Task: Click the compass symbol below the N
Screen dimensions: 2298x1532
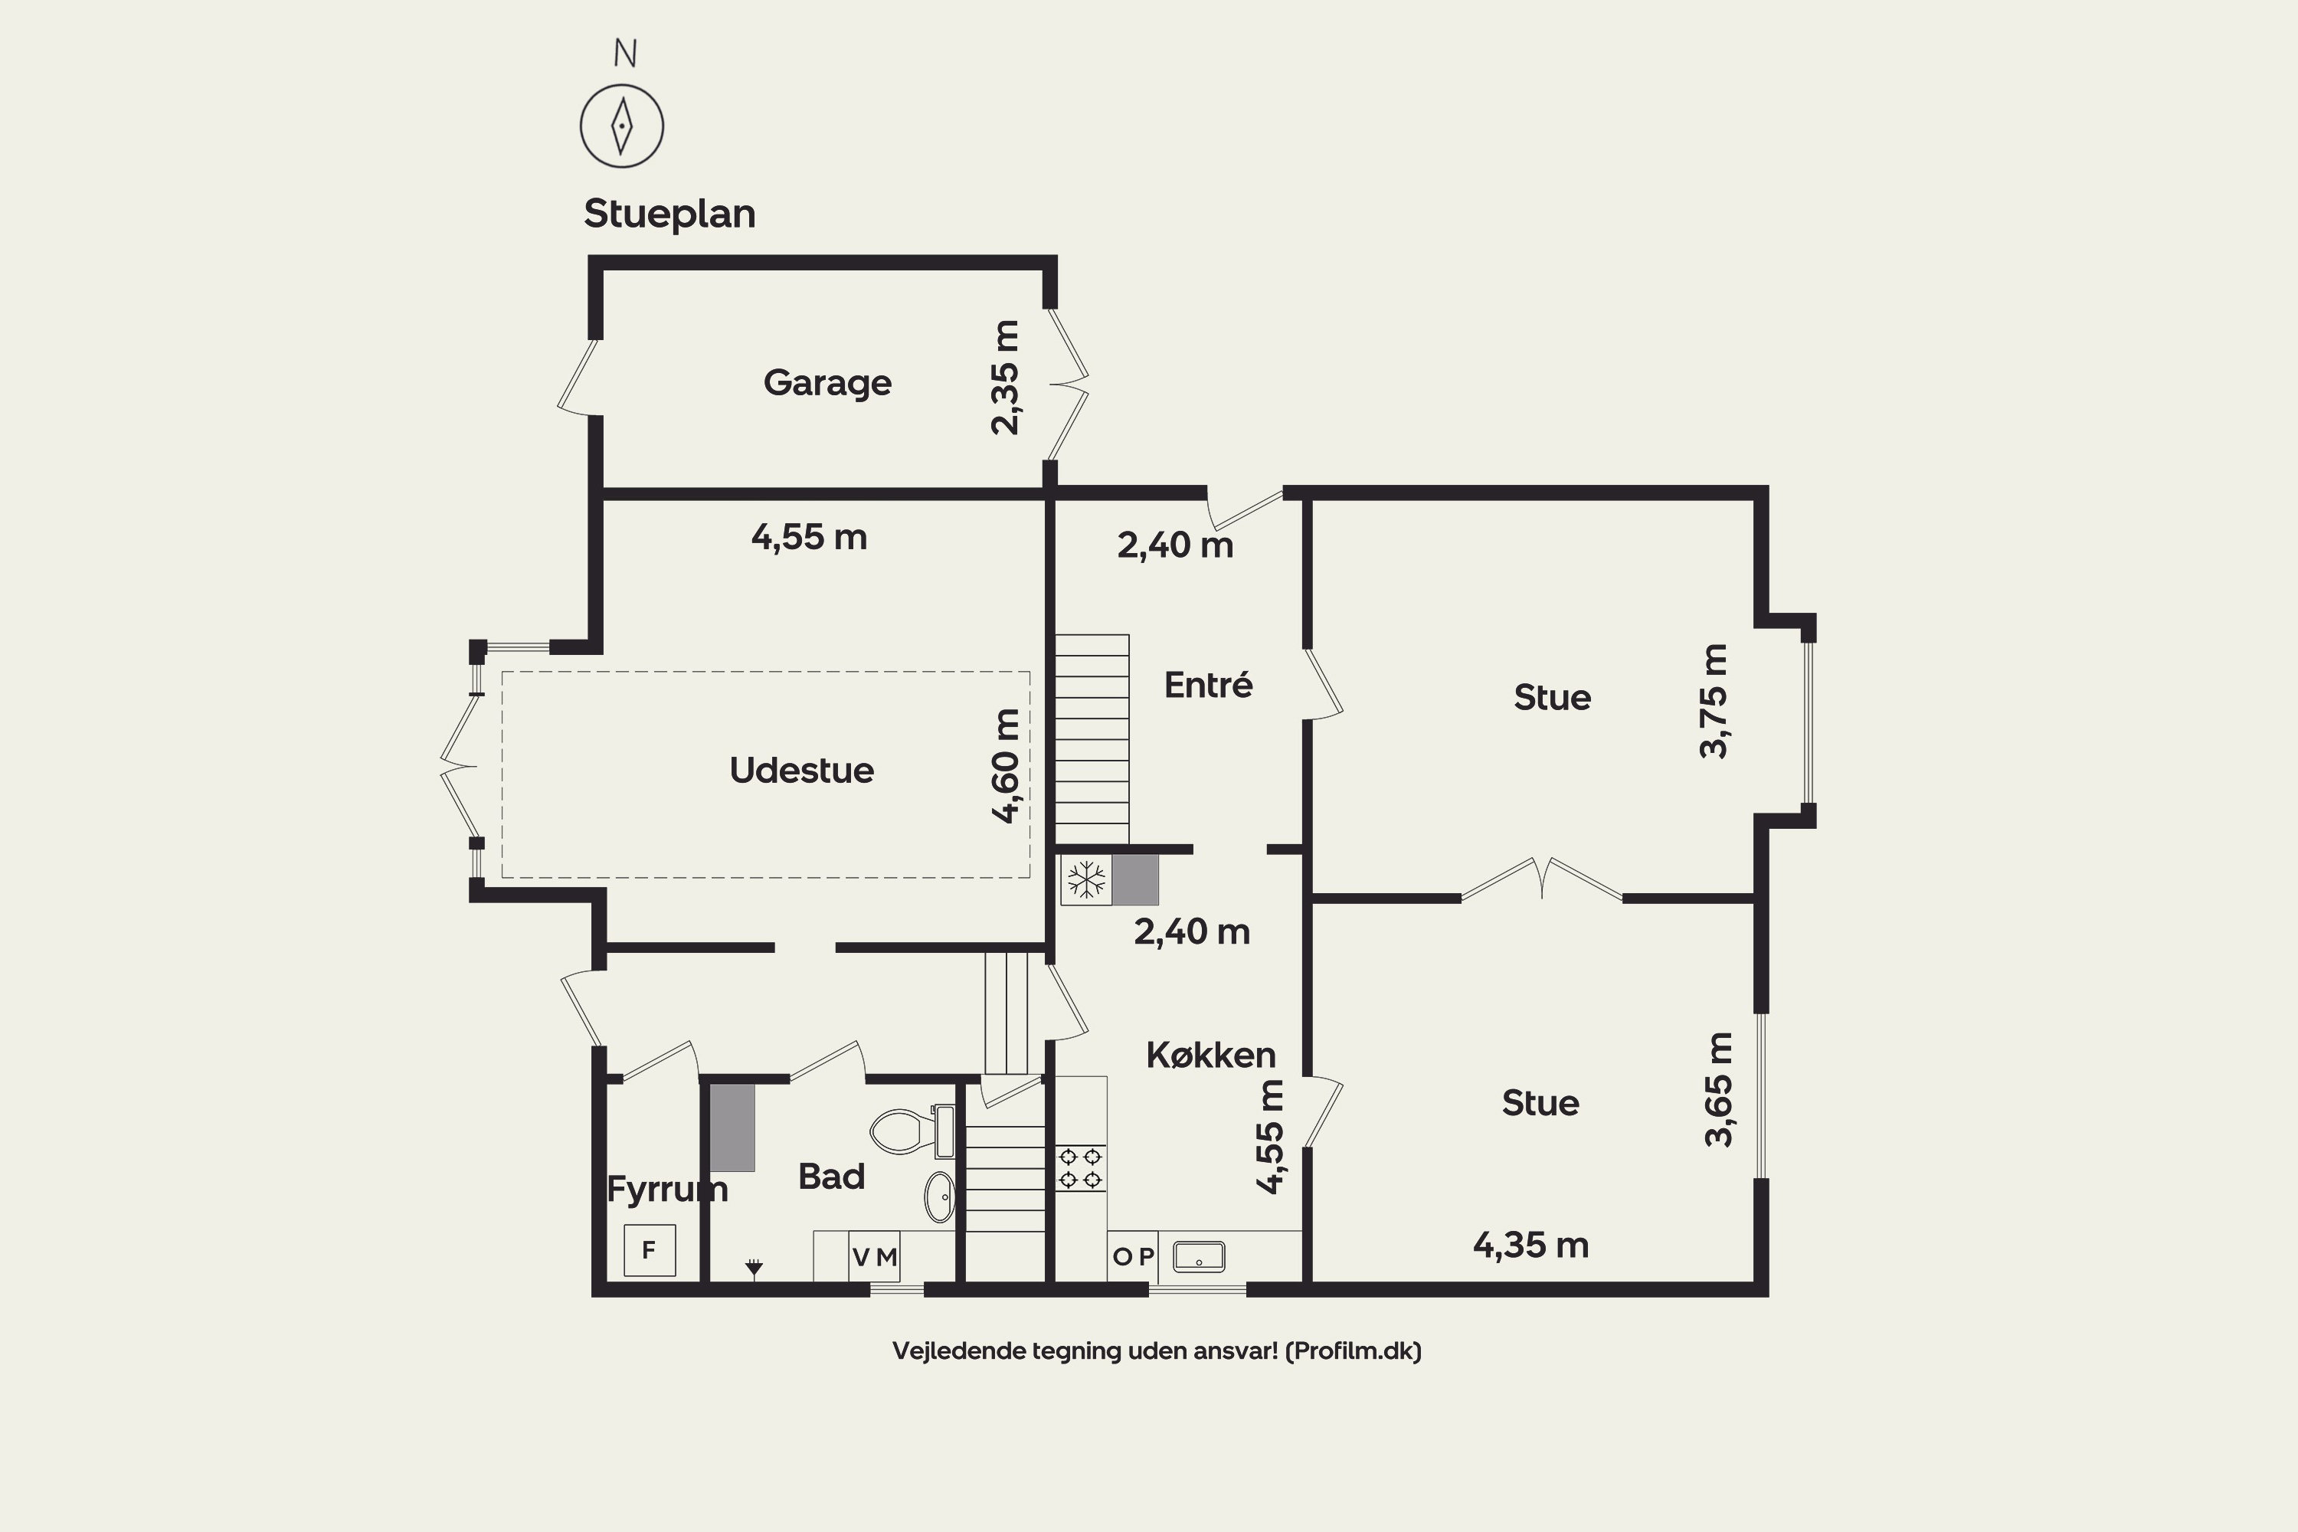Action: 621,126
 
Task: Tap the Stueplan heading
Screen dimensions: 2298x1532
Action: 669,214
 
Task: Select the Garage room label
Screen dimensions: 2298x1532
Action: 827,383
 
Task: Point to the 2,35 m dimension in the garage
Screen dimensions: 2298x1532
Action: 1005,377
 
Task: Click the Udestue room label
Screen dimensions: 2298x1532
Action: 801,770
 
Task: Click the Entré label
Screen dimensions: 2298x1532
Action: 1208,684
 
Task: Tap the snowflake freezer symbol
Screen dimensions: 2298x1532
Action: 1085,879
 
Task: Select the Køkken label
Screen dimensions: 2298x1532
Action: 1210,1056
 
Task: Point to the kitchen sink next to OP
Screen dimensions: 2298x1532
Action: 1199,1256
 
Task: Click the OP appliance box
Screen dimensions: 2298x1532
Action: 1134,1256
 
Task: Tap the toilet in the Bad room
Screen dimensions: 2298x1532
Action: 912,1131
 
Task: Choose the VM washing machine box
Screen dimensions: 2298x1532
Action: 875,1256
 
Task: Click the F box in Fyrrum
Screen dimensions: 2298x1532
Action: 650,1249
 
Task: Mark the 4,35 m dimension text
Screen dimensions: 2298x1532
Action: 1531,1246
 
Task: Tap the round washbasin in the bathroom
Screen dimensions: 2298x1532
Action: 940,1196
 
